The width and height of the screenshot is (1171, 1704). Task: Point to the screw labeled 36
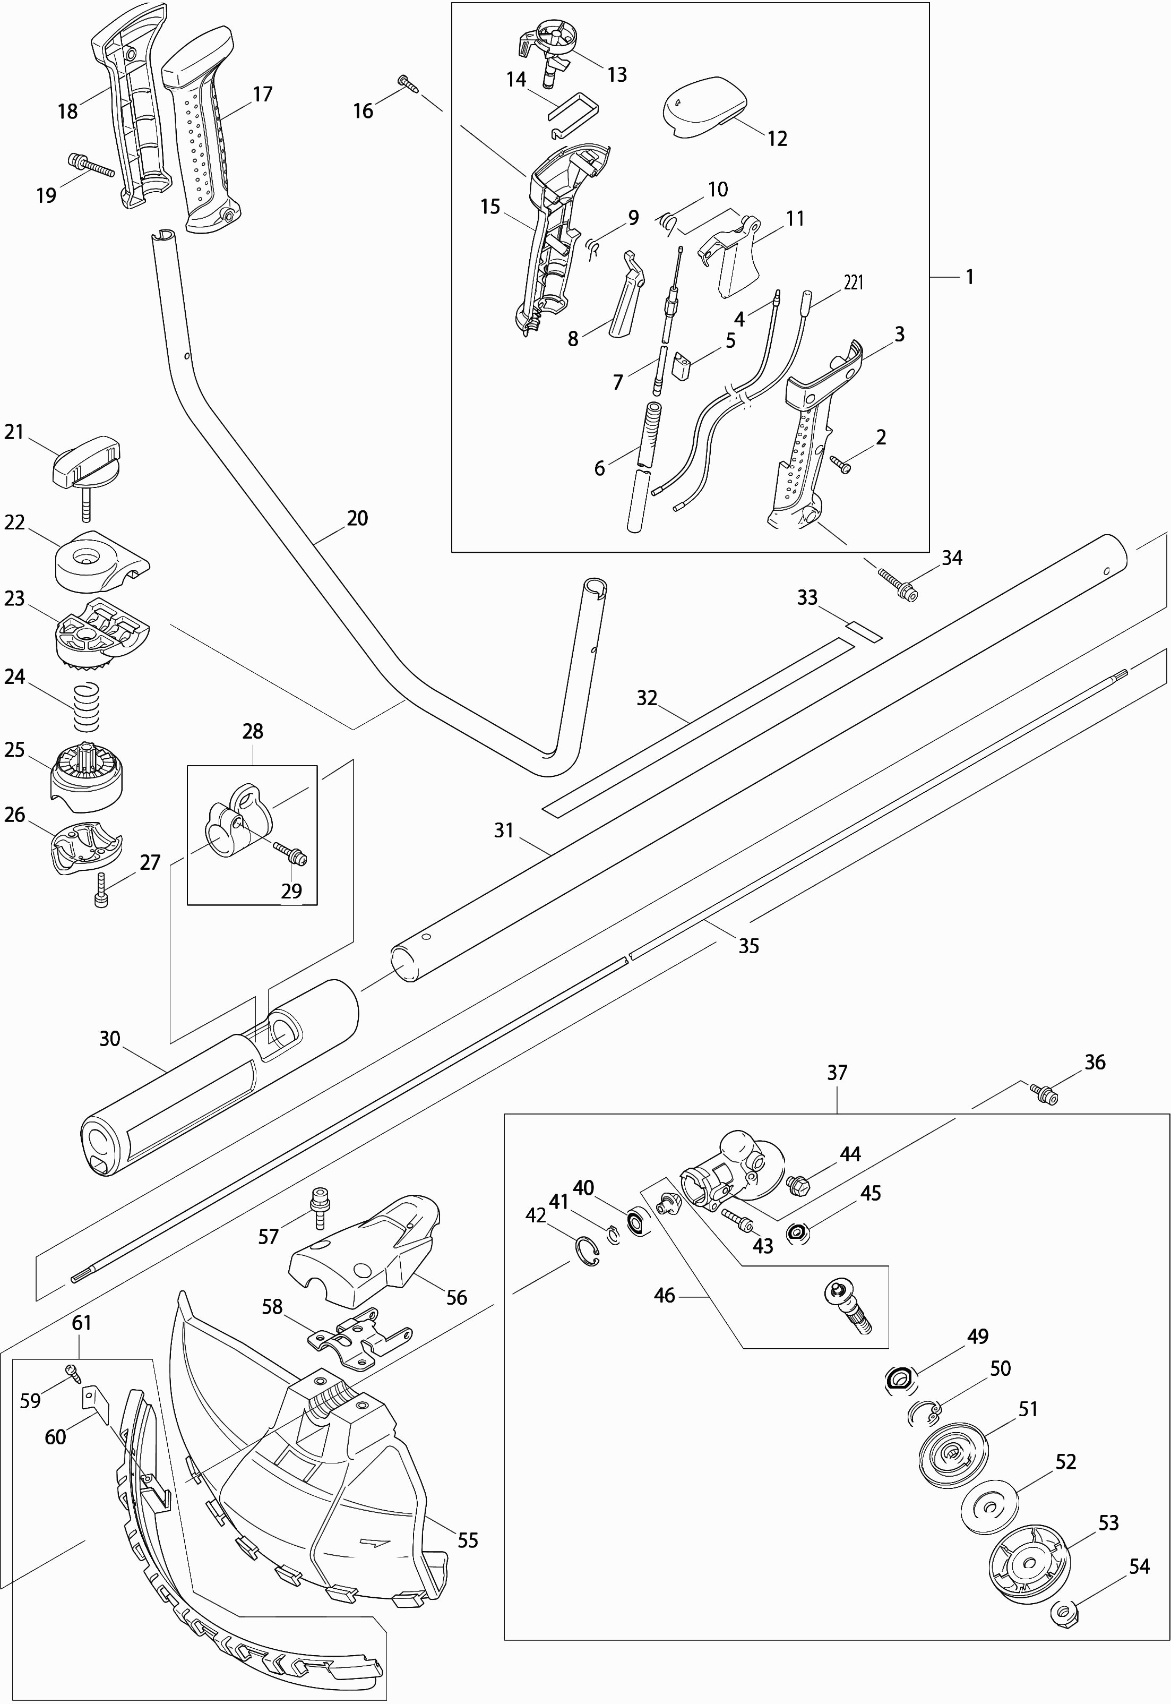(1045, 1093)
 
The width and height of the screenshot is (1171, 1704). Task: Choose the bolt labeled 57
(319, 1206)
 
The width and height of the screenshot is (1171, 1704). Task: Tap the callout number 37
(837, 1072)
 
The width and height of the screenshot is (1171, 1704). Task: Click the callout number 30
(109, 1039)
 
